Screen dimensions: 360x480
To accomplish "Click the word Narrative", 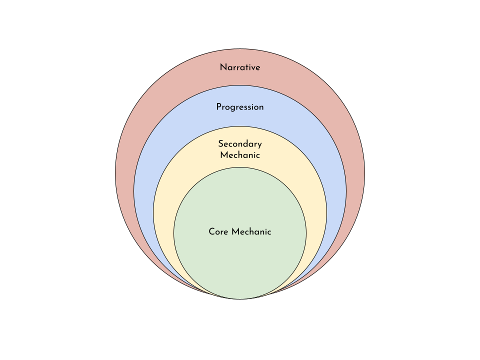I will tap(240, 67).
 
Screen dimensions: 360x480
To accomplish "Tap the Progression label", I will tap(240, 107).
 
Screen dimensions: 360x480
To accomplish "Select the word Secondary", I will tap(240, 144).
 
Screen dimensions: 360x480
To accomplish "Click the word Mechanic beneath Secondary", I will tap(240, 155).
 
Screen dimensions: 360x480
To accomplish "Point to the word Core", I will tap(218, 232).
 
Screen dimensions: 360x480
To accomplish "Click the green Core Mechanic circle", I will tap(240, 260).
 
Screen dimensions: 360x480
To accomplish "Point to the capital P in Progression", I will tap(219, 107).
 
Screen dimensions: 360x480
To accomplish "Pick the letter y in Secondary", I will tap(259, 145).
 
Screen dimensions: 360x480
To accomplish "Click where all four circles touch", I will tap(240, 298).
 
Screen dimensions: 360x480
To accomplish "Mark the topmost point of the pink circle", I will tap(240, 49).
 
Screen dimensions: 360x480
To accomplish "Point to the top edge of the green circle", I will tap(240, 167).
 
